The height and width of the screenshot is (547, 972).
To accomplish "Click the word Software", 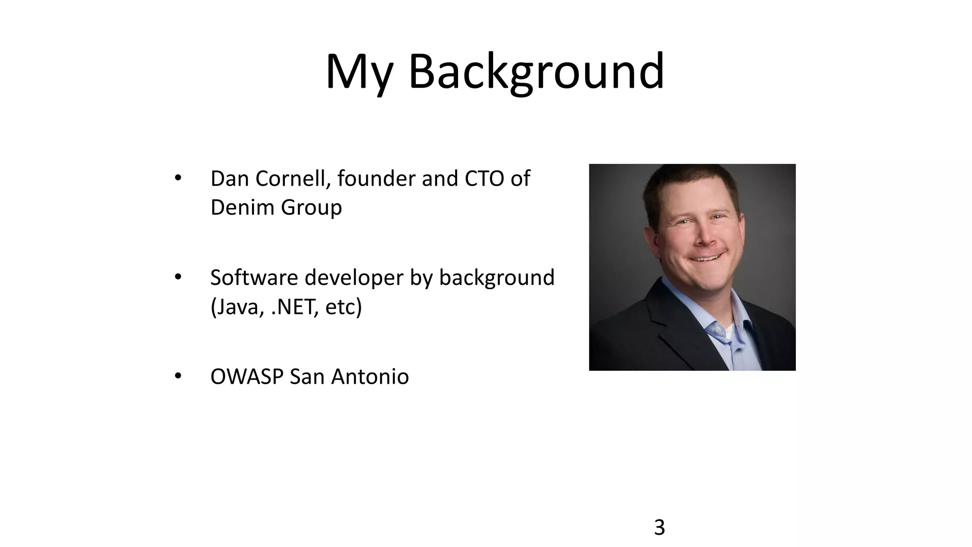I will (254, 278).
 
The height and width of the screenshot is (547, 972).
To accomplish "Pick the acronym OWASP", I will (247, 377).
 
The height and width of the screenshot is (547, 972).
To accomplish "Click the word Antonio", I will (370, 377).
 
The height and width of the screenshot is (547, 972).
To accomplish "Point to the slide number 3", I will (659, 528).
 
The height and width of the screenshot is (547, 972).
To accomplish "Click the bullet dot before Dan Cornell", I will (178, 178).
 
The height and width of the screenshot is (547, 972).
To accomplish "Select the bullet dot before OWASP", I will (178, 376).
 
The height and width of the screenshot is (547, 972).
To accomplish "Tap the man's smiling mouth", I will (706, 258).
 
